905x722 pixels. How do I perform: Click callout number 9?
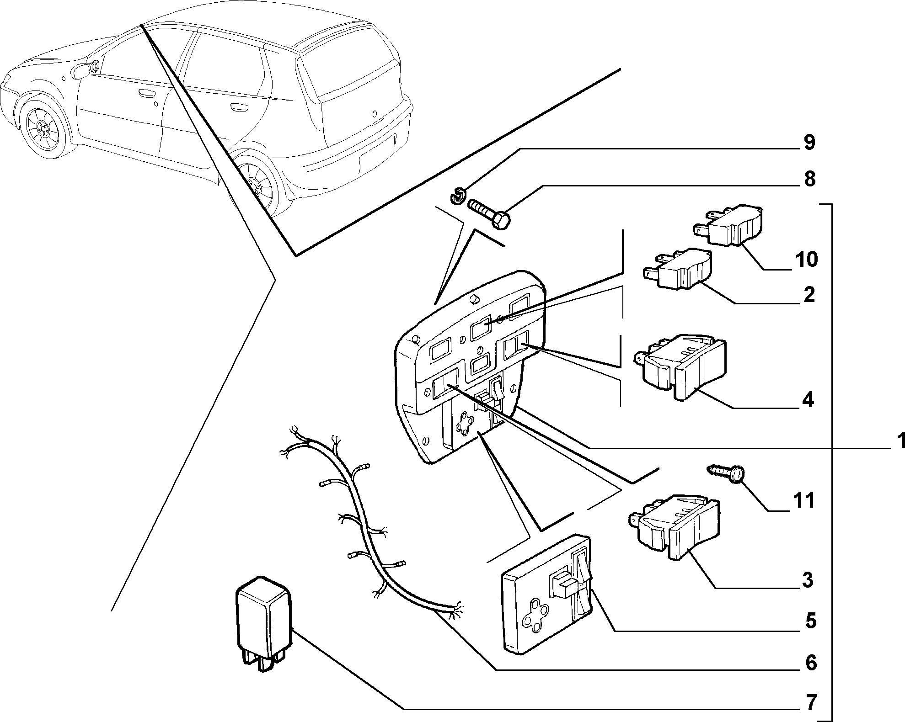pyautogui.click(x=809, y=143)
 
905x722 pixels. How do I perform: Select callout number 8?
pyautogui.click(x=809, y=179)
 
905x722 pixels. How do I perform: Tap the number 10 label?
pyautogui.click(x=807, y=260)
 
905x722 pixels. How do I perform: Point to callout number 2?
pyautogui.click(x=809, y=295)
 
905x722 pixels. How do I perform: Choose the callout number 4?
pyautogui.click(x=809, y=401)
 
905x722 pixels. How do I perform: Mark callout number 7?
pyautogui.click(x=810, y=703)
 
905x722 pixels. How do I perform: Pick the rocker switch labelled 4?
pyautogui.click(x=680, y=367)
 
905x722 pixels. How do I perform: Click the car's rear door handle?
pyautogui.click(x=239, y=108)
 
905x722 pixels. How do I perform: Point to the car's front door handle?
pyautogui.click(x=146, y=95)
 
